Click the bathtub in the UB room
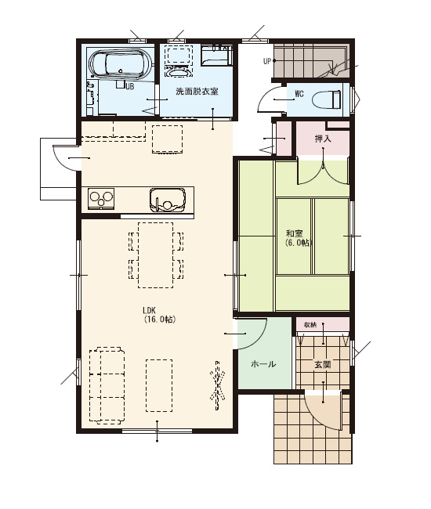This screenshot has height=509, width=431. point(121,64)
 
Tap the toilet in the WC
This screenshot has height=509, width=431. point(326,99)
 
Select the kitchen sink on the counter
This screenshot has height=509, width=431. point(168,200)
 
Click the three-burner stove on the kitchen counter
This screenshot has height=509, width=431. point(101,198)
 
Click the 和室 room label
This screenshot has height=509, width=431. point(295,233)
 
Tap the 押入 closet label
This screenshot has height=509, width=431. point(323,139)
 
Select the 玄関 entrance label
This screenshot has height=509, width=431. point(322,365)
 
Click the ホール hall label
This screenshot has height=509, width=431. point(263,364)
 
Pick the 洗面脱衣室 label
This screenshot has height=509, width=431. point(197,92)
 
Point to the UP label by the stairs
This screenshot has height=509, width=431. point(267,61)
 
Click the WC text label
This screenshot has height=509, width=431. point(299,94)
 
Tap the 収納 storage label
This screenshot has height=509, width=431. point(310,325)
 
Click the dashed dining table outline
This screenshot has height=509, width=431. point(156,255)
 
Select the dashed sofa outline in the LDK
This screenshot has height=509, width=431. point(107,385)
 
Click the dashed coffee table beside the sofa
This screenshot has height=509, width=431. point(159,385)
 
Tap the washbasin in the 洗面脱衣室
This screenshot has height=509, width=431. point(177,71)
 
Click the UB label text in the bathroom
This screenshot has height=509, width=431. point(129,86)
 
